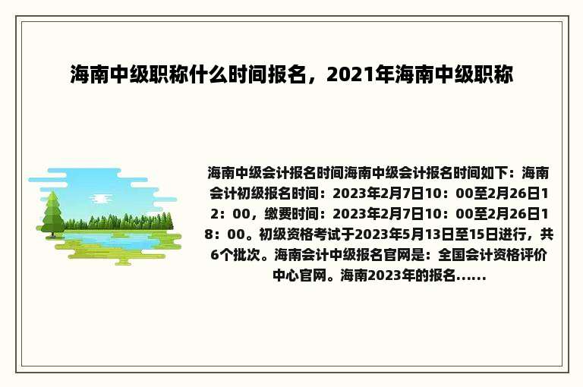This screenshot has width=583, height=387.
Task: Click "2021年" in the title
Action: tap(361, 74)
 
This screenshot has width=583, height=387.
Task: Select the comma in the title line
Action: tap(320, 78)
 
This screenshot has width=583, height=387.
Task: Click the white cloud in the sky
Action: tap(100, 199)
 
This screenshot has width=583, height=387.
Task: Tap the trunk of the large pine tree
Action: tap(53, 234)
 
